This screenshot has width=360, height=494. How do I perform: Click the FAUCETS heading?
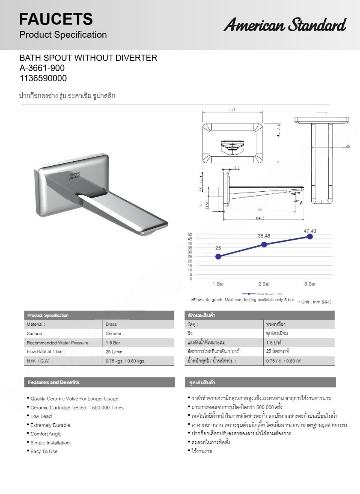point(56,19)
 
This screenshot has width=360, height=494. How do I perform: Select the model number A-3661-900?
point(42,68)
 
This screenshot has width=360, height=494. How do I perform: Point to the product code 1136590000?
point(43,78)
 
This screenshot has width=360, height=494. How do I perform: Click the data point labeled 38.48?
point(264,245)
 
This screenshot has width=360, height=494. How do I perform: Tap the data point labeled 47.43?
point(310,236)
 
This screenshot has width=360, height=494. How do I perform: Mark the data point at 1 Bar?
point(218,256)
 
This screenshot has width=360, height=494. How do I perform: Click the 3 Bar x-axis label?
point(310,284)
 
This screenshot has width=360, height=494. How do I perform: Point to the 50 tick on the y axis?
point(190,234)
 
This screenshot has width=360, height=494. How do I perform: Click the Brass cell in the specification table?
point(111,325)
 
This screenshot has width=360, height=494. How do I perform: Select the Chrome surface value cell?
point(113,334)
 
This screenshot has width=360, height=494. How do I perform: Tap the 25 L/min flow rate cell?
point(114,352)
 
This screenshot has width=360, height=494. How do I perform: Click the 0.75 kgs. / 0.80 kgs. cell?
point(125,361)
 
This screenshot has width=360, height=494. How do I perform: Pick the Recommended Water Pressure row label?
point(59,343)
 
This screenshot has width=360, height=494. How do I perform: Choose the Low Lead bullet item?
point(41,416)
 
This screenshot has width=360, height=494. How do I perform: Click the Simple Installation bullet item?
point(50,443)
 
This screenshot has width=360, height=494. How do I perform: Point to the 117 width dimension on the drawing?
point(232,110)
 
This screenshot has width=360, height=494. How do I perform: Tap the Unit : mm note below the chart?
point(316,302)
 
